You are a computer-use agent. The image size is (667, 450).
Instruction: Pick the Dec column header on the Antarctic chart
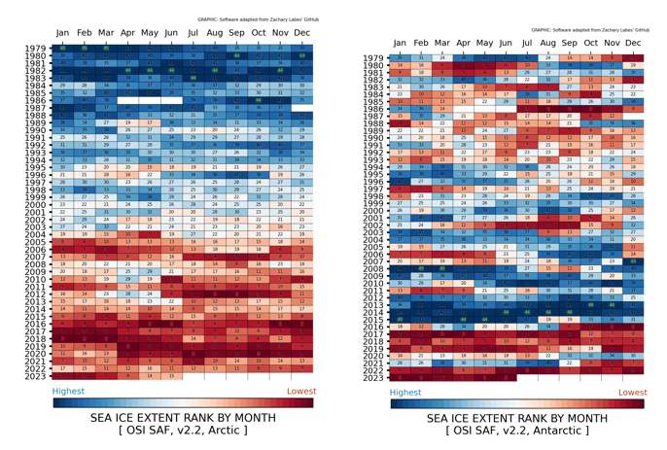(x=634, y=44)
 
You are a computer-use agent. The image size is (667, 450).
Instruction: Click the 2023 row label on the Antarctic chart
(x=373, y=377)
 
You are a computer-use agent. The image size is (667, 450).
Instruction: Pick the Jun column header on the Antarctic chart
(x=506, y=44)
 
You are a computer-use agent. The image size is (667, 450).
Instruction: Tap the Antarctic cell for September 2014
(x=570, y=312)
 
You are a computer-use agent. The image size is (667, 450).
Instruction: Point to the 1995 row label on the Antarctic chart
(x=373, y=174)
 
